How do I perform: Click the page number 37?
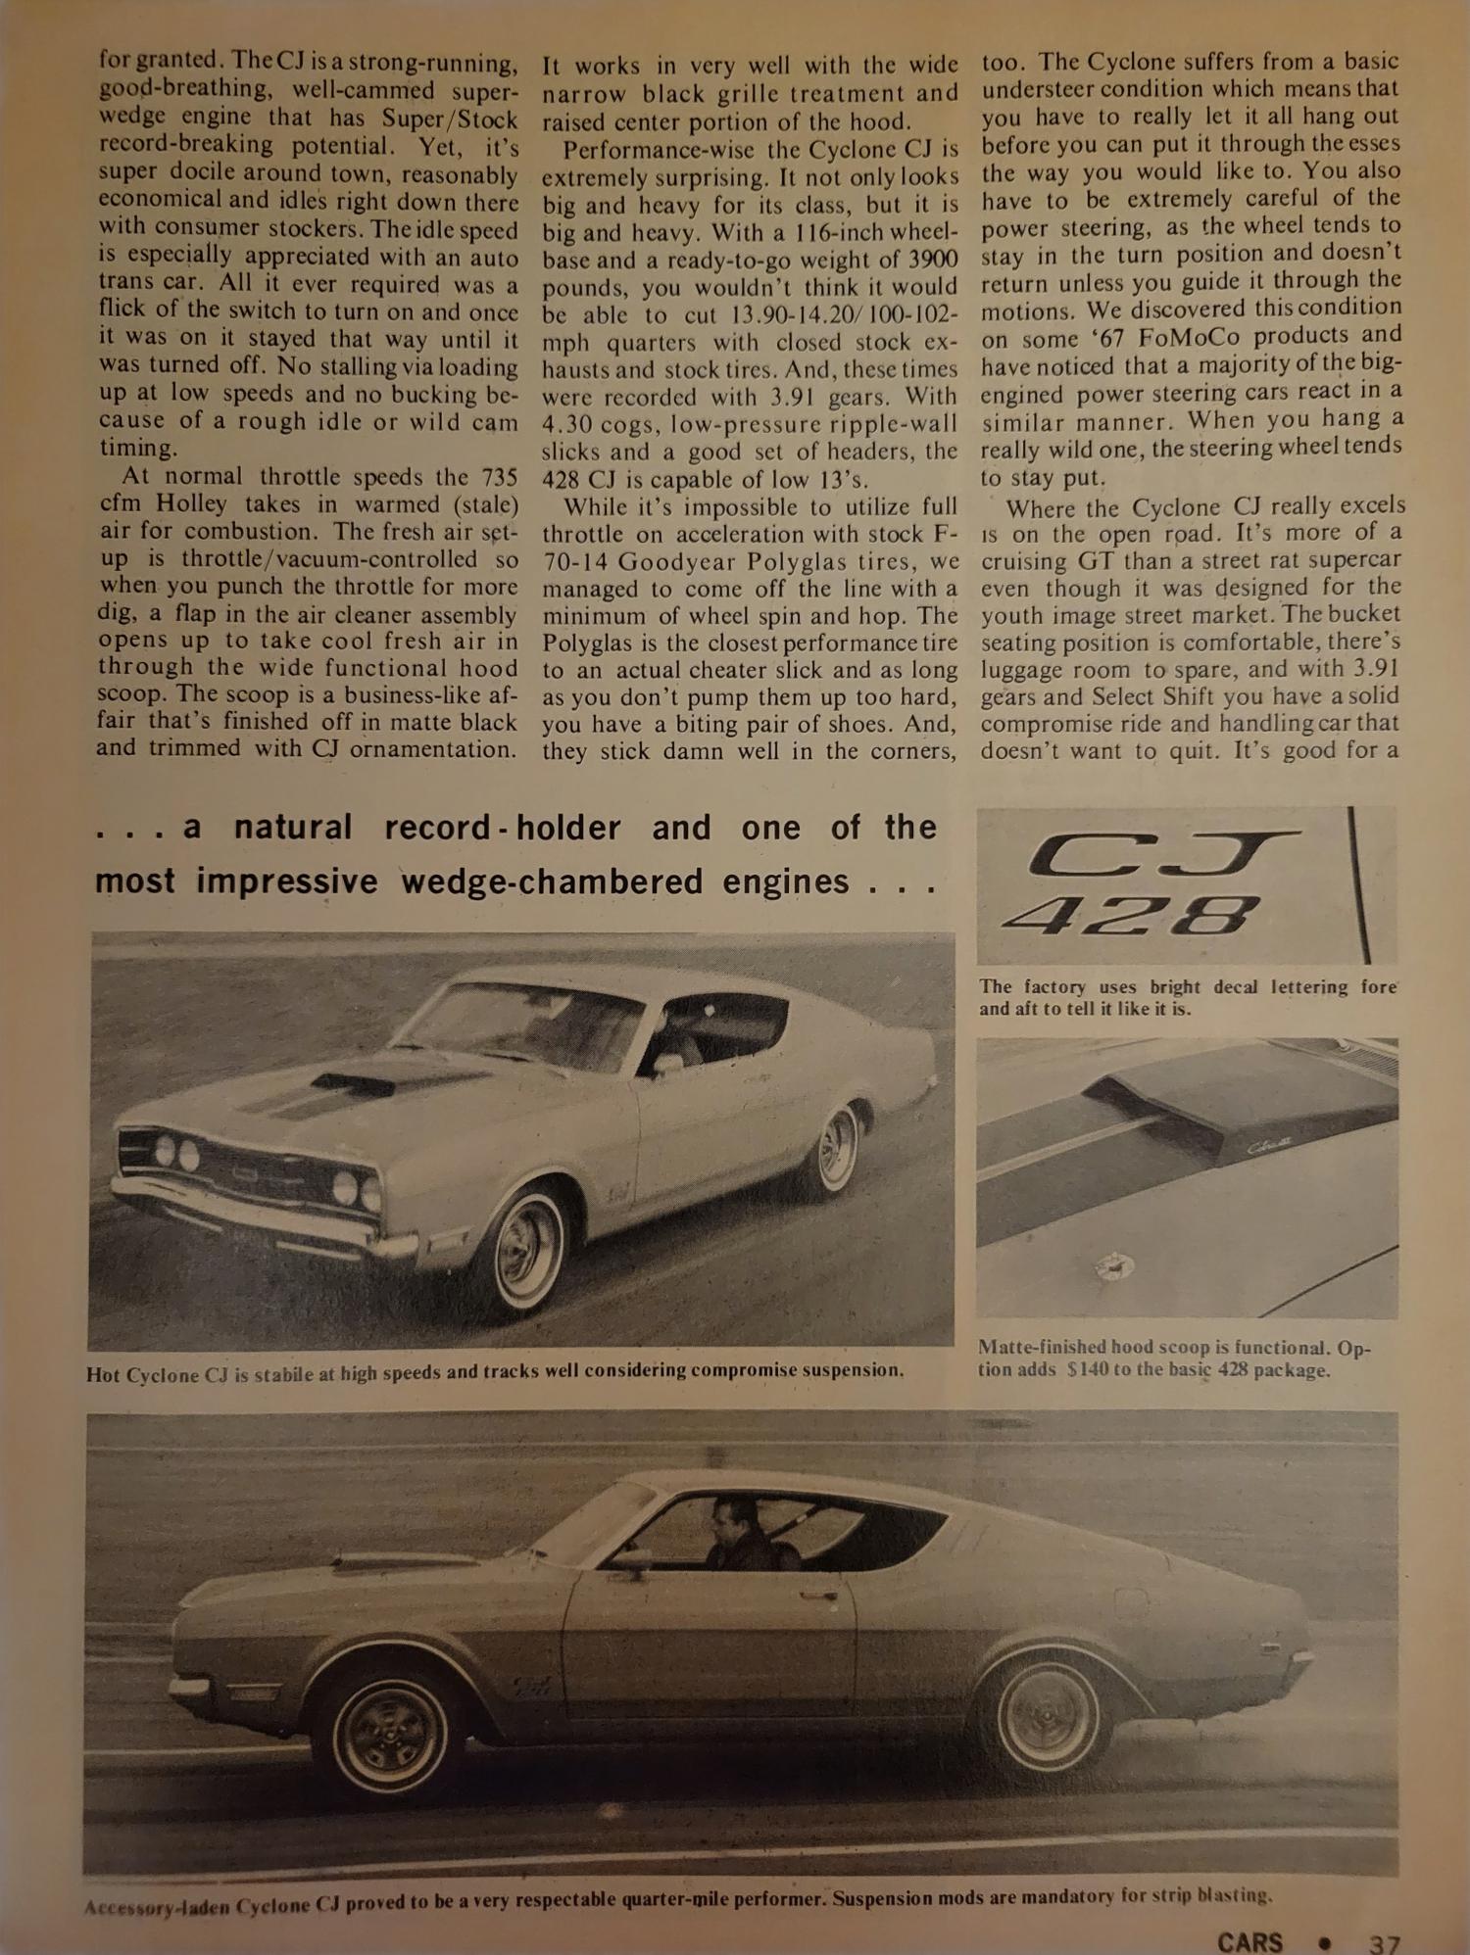pos(1384,1940)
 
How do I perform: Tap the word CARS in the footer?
pos(1249,1940)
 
